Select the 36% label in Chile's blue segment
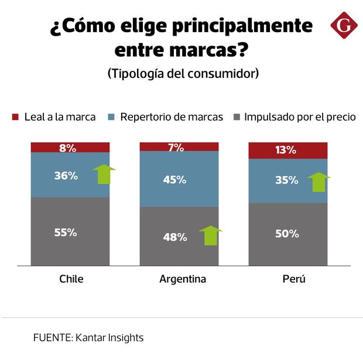tap(66, 175)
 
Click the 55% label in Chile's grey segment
tap(66, 232)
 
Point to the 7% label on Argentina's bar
tap(176, 147)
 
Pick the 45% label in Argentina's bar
tap(174, 180)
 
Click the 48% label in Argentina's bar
tap(175, 237)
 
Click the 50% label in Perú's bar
tap(287, 234)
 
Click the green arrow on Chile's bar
tap(104, 174)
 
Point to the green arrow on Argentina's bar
tap(210, 235)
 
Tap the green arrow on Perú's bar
tap(319, 181)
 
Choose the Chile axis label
tap(71, 279)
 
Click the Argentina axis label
tap(183, 279)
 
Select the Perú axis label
tap(294, 279)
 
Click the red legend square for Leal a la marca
tap(16, 117)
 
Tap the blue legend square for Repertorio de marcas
tap(112, 117)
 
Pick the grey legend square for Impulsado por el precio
tap(236, 117)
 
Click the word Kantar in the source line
tap(91, 338)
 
